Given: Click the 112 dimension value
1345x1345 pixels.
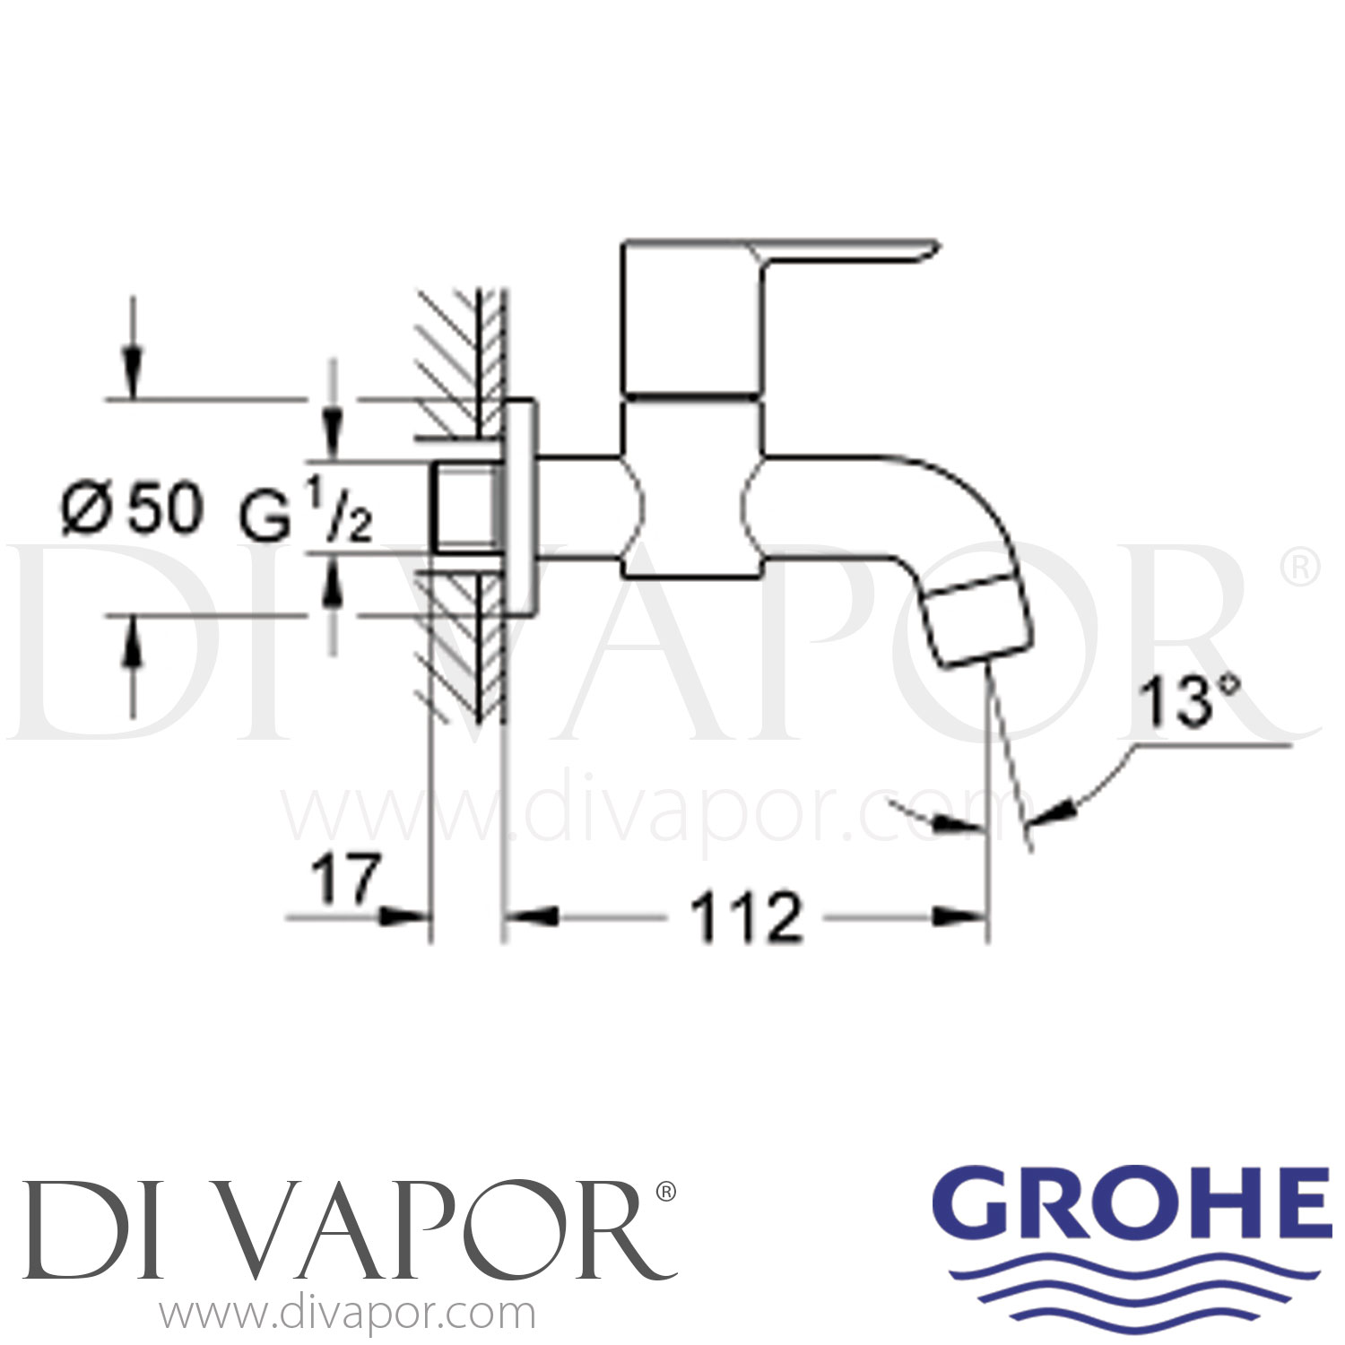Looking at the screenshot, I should (746, 917).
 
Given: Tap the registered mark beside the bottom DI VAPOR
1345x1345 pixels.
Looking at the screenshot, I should (665, 1192).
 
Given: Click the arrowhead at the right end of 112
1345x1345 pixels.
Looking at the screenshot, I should (959, 916).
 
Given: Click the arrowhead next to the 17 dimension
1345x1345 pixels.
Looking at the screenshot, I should (403, 916).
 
